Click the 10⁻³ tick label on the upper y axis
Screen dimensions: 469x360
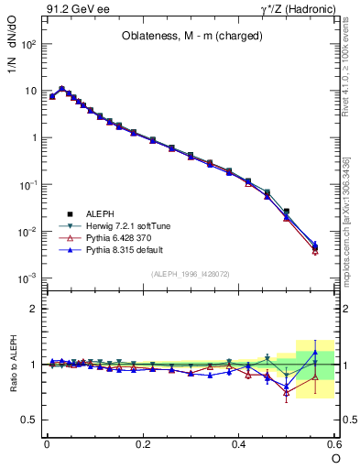click(27, 278)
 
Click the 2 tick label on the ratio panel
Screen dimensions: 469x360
click(32, 309)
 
